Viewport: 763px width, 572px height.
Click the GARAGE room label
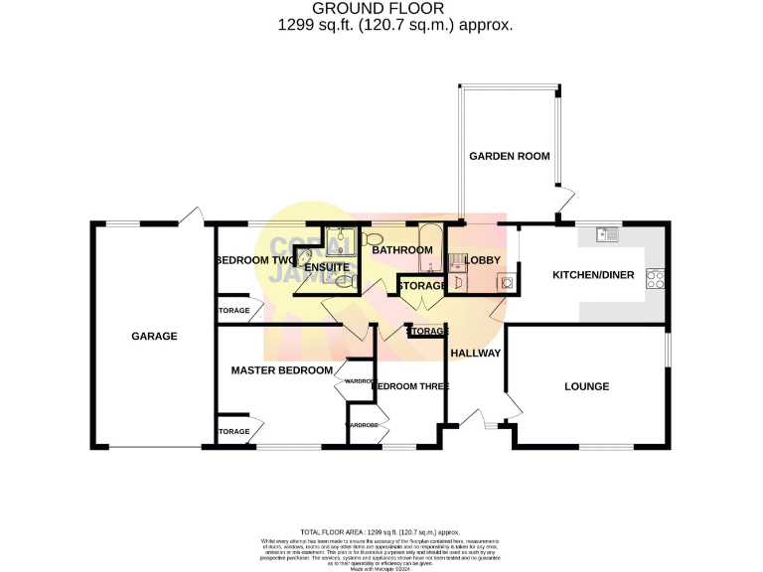(154, 337)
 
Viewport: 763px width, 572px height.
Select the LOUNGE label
(586, 386)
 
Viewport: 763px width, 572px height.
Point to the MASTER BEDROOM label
(281, 370)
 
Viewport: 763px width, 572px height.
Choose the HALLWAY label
(475, 354)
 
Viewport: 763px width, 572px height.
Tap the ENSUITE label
(326, 268)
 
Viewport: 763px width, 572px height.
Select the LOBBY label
(482, 260)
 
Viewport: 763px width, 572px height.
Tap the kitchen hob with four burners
(656, 279)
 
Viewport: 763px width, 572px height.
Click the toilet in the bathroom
(372, 240)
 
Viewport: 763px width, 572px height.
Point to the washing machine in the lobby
(507, 282)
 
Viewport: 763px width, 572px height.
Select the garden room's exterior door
(564, 202)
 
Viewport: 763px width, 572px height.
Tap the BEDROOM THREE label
(410, 386)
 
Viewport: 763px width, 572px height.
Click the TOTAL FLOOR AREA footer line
(381, 532)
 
